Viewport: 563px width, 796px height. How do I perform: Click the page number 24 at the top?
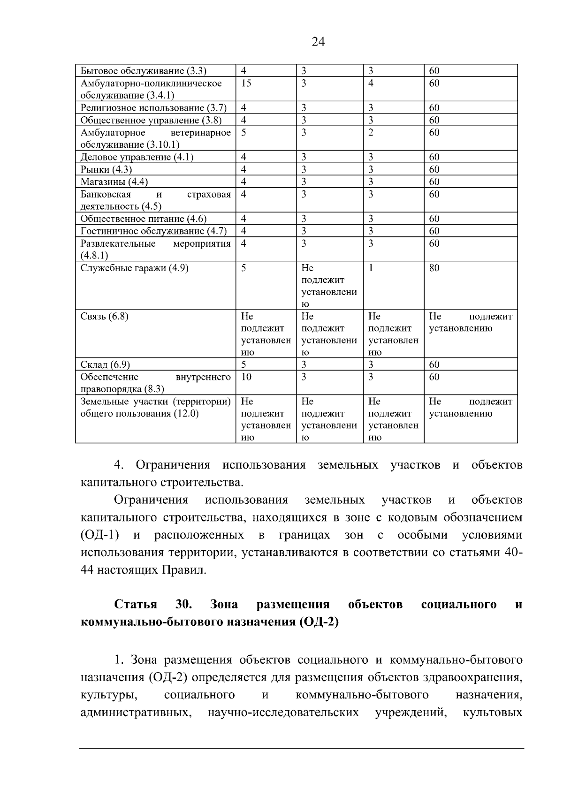[318, 42]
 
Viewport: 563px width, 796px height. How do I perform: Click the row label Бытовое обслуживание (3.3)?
[144, 71]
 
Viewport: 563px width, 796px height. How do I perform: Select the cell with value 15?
[246, 83]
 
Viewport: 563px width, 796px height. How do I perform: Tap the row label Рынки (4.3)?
[106, 169]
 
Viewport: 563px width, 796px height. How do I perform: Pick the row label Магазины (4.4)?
[114, 182]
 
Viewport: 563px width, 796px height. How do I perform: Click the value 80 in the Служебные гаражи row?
[434, 268]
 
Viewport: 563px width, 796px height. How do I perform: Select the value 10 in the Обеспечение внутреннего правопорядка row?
[246, 377]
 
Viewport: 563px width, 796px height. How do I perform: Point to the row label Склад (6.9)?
[105, 365]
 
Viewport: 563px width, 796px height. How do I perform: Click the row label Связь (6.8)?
[104, 317]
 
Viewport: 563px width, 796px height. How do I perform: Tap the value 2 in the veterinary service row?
[371, 133]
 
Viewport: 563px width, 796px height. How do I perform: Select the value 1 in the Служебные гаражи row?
[371, 268]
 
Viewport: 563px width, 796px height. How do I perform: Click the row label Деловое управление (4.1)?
[137, 157]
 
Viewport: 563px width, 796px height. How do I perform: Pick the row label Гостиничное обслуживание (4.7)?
[153, 231]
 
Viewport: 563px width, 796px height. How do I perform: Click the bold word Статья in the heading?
[136, 605]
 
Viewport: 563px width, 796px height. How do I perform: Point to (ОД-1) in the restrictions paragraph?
[99, 536]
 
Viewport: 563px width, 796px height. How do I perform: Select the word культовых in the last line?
[492, 713]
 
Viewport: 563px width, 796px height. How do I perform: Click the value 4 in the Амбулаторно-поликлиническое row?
[371, 83]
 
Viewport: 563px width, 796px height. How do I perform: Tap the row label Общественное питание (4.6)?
[144, 219]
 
